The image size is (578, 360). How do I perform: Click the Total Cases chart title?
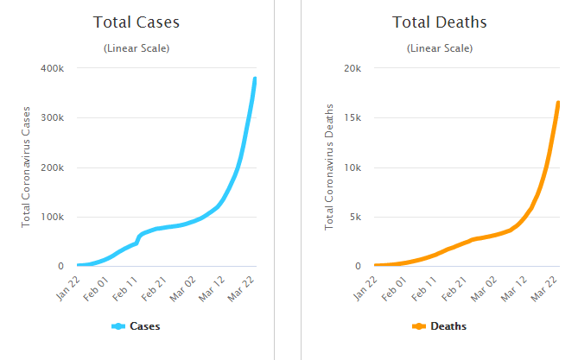(x=137, y=22)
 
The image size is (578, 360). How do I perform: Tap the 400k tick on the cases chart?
(x=52, y=68)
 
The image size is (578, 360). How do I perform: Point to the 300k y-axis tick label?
(x=52, y=117)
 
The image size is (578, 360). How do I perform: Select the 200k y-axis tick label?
(x=52, y=167)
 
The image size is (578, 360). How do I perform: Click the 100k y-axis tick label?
(x=52, y=217)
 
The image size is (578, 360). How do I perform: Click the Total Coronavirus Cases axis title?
(x=28, y=167)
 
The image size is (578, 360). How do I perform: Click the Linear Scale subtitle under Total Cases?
(x=137, y=48)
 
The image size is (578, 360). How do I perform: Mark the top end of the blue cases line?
(x=255, y=79)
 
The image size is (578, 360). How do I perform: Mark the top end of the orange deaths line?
(x=558, y=104)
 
